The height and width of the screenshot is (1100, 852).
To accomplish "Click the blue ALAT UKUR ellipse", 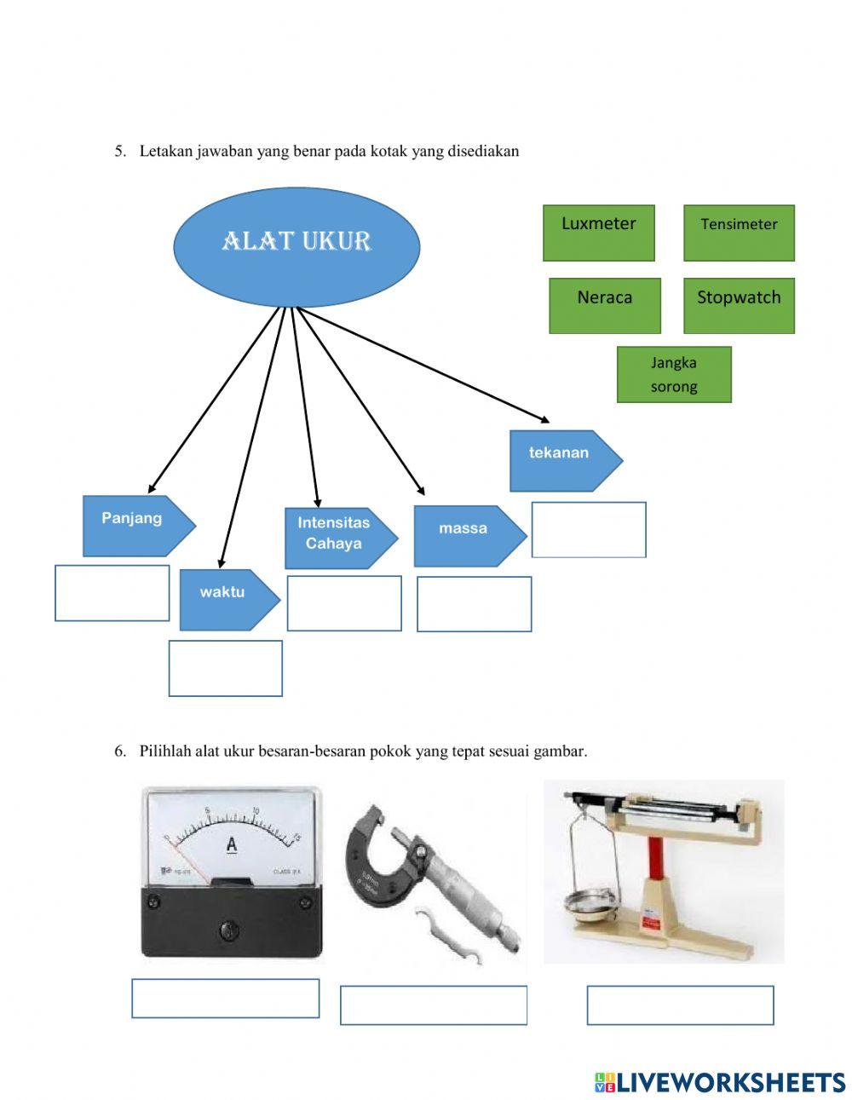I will coord(296,246).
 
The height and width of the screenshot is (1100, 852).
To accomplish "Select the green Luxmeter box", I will coord(599,233).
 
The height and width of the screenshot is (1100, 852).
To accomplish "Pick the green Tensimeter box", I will coord(739,233).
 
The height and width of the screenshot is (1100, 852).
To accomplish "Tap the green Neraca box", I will coord(604,305).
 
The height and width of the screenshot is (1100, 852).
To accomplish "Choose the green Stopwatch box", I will coord(739,305).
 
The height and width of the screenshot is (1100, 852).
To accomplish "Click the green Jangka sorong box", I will coord(674,374).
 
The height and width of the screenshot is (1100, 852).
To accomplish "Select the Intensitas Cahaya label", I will coord(338,538).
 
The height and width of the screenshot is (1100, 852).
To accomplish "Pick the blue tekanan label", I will coord(563,460).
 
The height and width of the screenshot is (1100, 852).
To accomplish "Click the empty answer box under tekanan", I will coord(589,530).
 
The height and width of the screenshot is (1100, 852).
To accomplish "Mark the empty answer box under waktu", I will coord(226,668).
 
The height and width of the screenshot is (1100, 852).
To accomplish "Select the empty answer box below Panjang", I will coord(112,593).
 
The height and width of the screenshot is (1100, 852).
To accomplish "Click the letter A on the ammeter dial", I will coord(231,844).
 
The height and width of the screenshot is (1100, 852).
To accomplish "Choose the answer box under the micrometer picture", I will coord(434,1005).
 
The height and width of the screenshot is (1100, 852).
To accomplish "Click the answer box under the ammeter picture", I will coord(226,998).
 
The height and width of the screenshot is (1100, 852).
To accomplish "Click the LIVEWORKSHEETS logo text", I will coord(729,1082).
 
